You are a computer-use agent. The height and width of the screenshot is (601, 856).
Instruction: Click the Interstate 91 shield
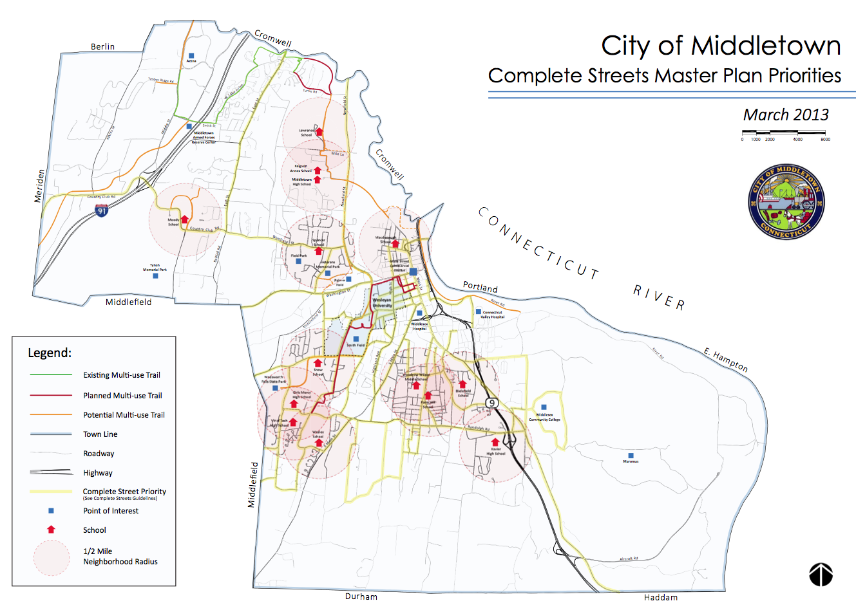click(101, 210)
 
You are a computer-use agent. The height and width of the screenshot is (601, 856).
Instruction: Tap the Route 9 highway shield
click(492, 403)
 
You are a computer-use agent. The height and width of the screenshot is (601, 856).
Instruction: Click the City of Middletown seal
click(786, 201)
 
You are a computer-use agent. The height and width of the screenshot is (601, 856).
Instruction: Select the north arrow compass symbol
click(821, 574)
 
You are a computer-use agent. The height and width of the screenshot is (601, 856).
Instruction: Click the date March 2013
click(786, 115)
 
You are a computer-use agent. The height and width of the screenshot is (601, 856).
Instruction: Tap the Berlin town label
click(102, 46)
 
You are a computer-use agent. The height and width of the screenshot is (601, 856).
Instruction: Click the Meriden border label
click(39, 186)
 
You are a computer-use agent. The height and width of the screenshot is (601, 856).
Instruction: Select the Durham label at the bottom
click(361, 596)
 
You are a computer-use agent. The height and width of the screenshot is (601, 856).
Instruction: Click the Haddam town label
click(660, 597)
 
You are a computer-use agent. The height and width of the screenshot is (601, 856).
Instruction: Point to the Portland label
click(480, 287)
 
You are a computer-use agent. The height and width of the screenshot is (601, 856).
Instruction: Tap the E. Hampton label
click(726, 360)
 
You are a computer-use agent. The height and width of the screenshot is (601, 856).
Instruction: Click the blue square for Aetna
click(191, 56)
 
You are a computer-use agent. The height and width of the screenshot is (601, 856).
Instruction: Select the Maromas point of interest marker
click(631, 456)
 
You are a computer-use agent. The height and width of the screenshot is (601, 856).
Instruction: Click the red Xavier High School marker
click(495, 442)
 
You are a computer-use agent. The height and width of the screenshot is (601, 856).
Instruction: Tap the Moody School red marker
click(185, 219)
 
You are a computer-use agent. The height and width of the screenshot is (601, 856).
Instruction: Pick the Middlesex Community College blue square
click(544, 407)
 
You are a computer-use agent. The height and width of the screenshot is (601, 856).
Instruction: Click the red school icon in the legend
click(51, 530)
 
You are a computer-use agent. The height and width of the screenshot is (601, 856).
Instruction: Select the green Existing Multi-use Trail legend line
click(51, 374)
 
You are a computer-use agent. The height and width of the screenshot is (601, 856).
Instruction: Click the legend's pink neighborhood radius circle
click(51, 557)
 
